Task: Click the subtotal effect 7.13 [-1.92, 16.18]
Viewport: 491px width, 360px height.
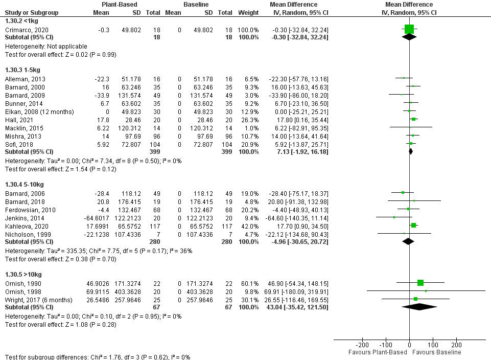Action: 298,152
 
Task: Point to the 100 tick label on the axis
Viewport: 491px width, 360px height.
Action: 433,346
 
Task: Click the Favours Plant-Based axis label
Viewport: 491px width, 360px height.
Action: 378,353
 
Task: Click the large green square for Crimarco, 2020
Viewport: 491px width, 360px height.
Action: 409,30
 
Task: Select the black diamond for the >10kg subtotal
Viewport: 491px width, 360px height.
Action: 419,307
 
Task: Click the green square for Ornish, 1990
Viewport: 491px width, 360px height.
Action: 420,283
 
